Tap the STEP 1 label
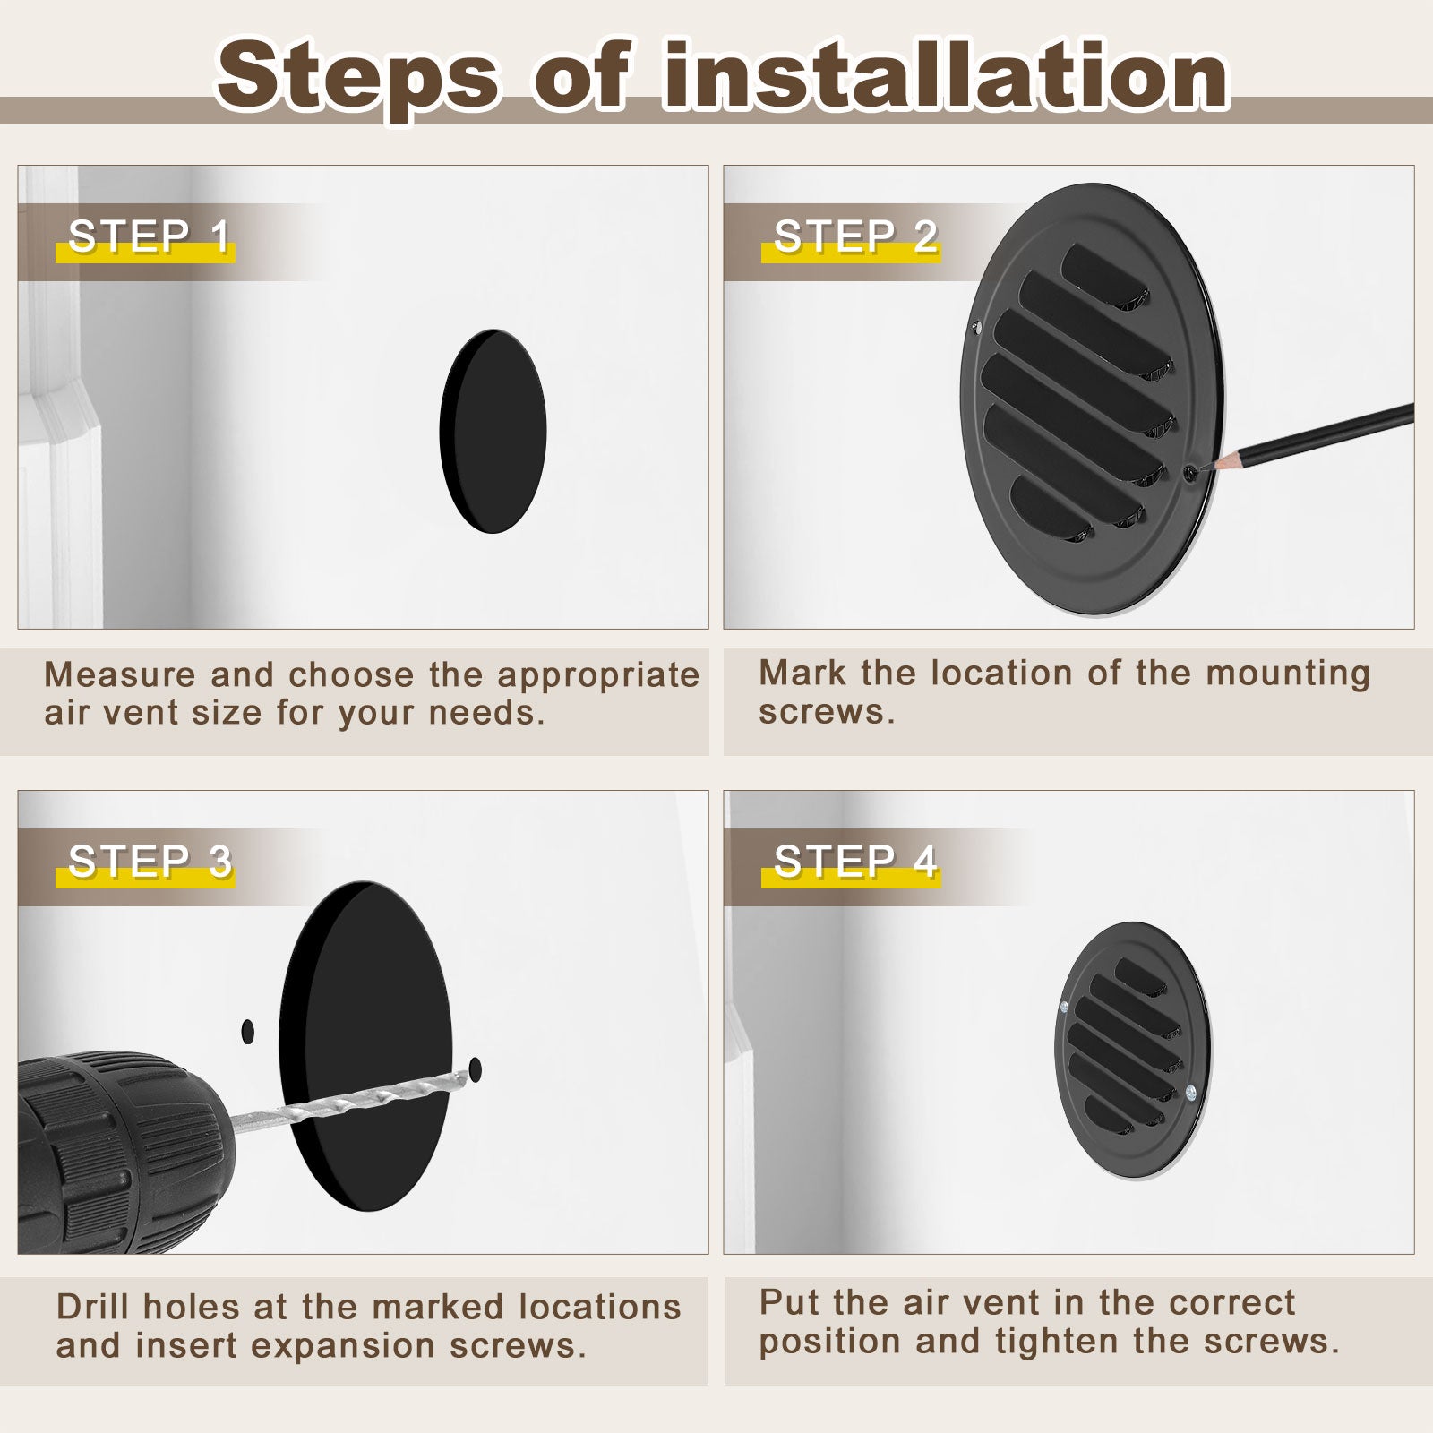click(x=150, y=236)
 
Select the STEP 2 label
click(x=855, y=236)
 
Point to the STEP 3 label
click(x=150, y=862)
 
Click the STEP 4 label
click(x=855, y=862)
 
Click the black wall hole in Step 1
click(x=493, y=432)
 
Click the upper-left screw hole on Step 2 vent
click(x=977, y=328)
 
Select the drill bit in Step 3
click(x=349, y=1098)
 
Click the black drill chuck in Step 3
click(x=116, y=1151)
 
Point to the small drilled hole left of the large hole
click(x=248, y=1032)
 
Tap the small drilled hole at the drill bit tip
click(x=475, y=1068)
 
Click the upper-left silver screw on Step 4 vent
click(x=1063, y=1008)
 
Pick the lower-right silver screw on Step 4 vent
click(x=1190, y=1092)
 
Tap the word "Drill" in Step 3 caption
click(x=93, y=1307)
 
